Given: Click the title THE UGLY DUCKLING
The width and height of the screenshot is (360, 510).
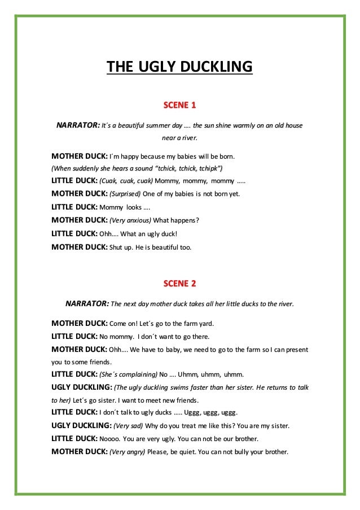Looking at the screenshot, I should [x=179, y=69].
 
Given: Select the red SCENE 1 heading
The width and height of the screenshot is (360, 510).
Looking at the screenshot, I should [x=179, y=105].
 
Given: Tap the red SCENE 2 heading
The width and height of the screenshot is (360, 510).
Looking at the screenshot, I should [x=179, y=282].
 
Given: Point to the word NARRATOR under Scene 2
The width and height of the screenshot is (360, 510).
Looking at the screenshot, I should [x=87, y=303].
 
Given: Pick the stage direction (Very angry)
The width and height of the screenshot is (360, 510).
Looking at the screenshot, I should [x=127, y=452].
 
